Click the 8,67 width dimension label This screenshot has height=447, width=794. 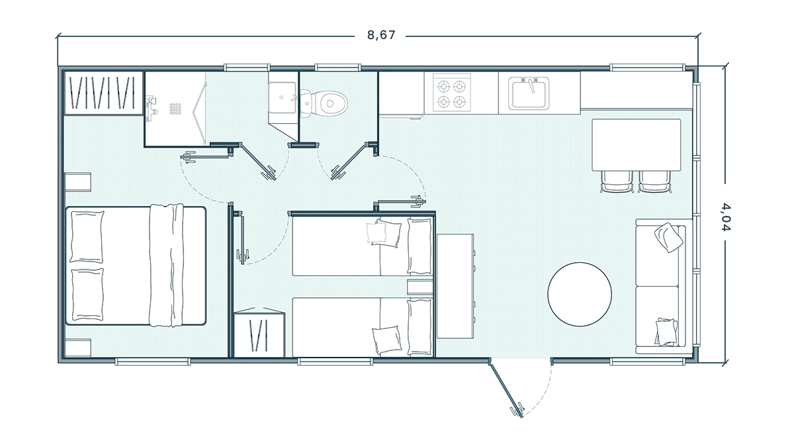(x=381, y=35)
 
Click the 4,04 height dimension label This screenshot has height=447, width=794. (x=726, y=217)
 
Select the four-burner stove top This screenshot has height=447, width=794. (x=451, y=94)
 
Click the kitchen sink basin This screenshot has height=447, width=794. (x=529, y=93)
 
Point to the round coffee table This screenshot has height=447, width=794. (x=580, y=294)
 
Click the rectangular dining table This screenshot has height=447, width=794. (x=636, y=145)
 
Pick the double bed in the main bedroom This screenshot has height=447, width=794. (x=136, y=266)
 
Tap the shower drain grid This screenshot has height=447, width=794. (x=175, y=109)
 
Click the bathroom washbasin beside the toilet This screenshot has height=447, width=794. (x=282, y=97)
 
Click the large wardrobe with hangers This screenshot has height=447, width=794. (x=103, y=93)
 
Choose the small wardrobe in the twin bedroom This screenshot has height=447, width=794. (x=259, y=334)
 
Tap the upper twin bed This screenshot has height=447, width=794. (x=363, y=246)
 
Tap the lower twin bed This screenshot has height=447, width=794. (x=363, y=326)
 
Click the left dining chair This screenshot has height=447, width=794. (x=617, y=181)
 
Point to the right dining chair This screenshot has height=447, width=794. (x=655, y=181)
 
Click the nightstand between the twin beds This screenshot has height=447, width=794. (x=419, y=287)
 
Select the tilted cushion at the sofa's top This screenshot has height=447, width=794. (x=668, y=237)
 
